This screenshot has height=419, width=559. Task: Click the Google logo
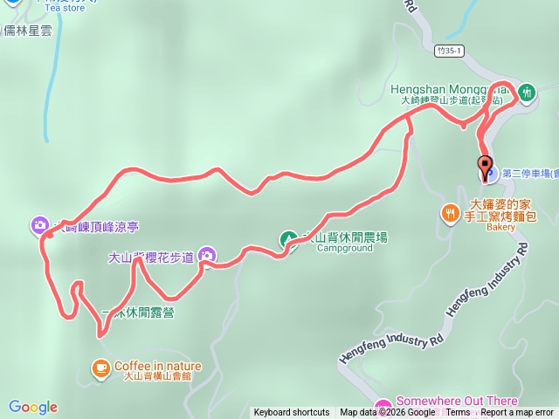coord(33,407)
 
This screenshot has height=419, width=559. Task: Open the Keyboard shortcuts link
coord(292,413)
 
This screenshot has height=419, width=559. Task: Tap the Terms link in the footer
coord(459,413)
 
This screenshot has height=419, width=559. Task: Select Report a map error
coord(517,413)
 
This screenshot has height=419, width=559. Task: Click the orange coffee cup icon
coord(101,367)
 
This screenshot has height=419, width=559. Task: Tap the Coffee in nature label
coord(158,367)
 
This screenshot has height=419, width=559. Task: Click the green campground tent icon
coord(288,238)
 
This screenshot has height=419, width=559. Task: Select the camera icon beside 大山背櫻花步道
coord(207,256)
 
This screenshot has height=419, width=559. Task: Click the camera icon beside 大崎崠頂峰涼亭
coord(40,226)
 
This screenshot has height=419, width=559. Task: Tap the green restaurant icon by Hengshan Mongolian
coord(527,91)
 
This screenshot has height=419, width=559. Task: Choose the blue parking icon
coord(489,174)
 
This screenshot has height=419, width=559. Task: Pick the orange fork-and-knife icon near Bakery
coord(451,212)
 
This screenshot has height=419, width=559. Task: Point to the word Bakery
coord(501,227)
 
